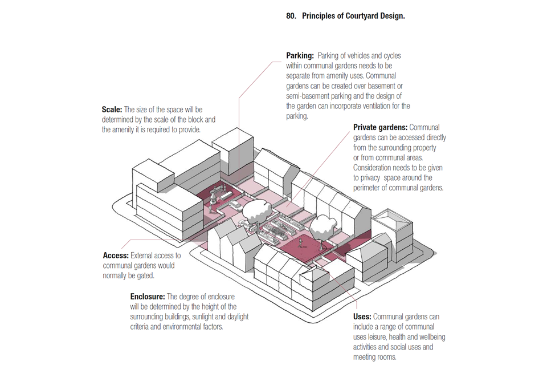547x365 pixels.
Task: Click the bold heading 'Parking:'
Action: [x=300, y=56]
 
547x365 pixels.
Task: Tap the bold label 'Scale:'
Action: [x=112, y=109]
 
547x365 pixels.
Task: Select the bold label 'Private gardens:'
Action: [x=380, y=127]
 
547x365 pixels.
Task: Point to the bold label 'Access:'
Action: [x=116, y=255]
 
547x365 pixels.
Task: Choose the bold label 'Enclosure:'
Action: [x=148, y=297]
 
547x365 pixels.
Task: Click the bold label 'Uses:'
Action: [x=362, y=317]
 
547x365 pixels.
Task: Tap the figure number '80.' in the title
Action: [x=292, y=16]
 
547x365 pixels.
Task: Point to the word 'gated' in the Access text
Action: [x=144, y=275]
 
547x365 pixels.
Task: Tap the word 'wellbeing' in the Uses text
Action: [x=431, y=337]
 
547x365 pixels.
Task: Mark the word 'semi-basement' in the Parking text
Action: [x=308, y=96]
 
